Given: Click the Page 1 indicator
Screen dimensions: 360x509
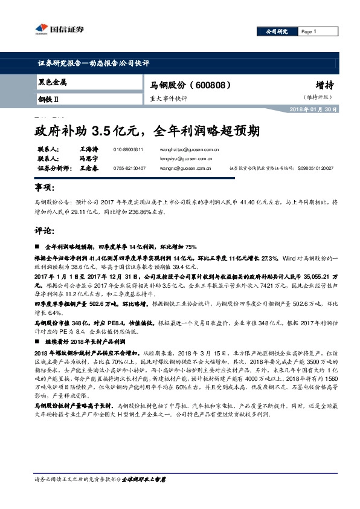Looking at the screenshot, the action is click(308, 31).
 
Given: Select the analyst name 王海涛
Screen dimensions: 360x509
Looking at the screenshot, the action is click(88, 149).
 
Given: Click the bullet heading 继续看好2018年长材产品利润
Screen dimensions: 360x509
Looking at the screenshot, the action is click(94, 341).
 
